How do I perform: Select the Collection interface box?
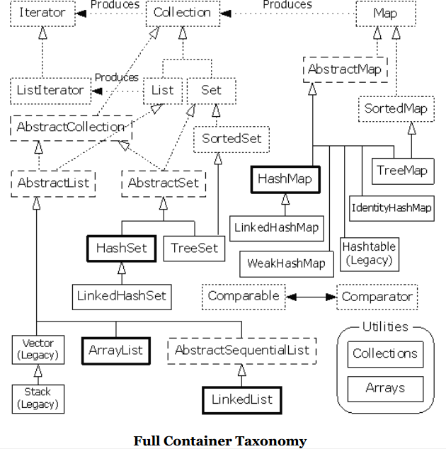182,13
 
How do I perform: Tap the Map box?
385,13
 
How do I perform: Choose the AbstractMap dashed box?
345,69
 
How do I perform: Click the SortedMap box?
395,108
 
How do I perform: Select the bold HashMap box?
285,179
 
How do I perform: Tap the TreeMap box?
401,170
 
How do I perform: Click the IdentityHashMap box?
391,208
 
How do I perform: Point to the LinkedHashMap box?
275,228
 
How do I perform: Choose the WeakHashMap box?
286,263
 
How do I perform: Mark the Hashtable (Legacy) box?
368,254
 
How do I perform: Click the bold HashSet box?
120,248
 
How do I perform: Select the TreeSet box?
194,248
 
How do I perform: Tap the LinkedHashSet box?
122,295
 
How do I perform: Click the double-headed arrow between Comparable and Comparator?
312,297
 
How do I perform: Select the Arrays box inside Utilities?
385,388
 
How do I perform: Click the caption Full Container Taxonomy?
220,441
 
